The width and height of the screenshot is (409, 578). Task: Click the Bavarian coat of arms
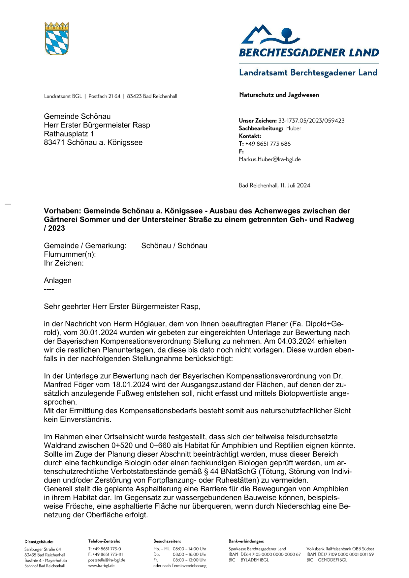(x=57, y=39)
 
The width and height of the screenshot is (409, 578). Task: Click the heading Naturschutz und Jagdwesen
(x=279, y=95)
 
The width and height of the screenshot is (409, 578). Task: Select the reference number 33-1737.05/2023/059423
(x=311, y=121)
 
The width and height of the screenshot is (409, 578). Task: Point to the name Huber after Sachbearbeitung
(x=294, y=129)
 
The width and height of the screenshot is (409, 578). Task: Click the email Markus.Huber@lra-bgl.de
(x=270, y=159)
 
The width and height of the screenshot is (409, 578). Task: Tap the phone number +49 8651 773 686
(x=268, y=144)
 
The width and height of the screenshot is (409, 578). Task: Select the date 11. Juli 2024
(x=295, y=186)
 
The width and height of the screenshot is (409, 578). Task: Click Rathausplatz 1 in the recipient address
(x=69, y=134)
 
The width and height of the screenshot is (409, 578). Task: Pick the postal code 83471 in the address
(x=54, y=143)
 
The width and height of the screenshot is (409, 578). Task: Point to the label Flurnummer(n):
(x=70, y=254)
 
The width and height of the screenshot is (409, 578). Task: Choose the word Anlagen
(x=58, y=280)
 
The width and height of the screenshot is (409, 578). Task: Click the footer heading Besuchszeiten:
(x=167, y=541)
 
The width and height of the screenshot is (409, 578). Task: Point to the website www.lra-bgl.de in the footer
(x=101, y=565)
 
